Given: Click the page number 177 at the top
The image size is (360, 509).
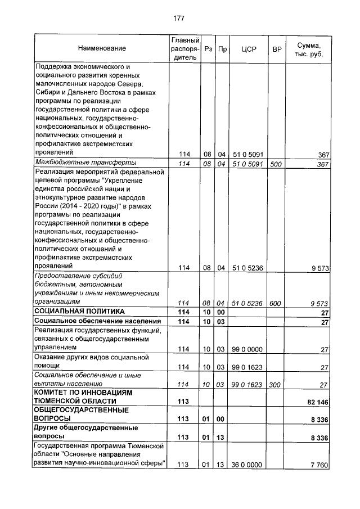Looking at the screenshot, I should click(x=179, y=19).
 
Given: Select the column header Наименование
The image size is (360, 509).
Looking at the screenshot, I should click(x=102, y=49).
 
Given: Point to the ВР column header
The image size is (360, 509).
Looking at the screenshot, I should click(x=276, y=49).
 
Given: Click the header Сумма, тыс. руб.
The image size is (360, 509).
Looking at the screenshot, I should click(x=308, y=49).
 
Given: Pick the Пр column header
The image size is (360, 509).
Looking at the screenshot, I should click(x=222, y=49).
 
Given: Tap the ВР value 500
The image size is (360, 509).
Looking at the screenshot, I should click(x=275, y=164).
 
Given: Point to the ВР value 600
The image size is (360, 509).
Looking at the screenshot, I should click(x=275, y=304).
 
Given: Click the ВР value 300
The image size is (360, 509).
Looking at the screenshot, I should click(x=275, y=385).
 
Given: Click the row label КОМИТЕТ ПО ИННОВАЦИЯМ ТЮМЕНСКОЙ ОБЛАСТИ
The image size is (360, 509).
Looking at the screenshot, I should click(x=83, y=397).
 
